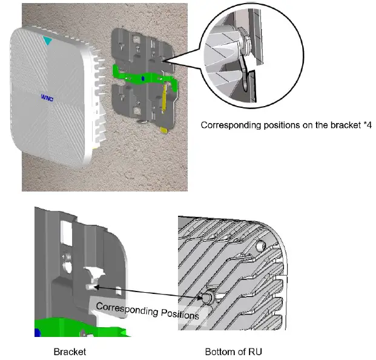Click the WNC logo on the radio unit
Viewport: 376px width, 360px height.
click(x=47, y=97)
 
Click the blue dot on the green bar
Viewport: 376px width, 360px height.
click(x=142, y=79)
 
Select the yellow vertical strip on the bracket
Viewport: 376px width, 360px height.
click(x=164, y=97)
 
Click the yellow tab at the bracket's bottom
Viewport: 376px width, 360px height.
click(x=163, y=128)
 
